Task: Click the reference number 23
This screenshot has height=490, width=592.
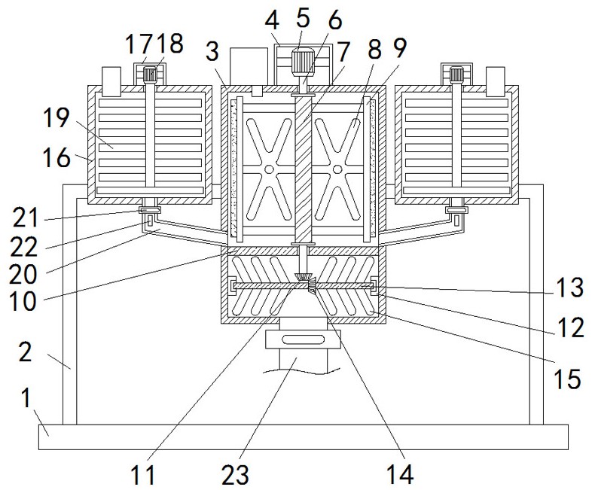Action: coord(235,474)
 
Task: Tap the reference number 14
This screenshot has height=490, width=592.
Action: coord(400,473)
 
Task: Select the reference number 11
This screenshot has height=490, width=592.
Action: coord(143,474)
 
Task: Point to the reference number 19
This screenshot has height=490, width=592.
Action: coord(56,117)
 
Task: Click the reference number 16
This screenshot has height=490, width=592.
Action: coord(56,157)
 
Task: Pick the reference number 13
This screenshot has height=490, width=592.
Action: coord(569,288)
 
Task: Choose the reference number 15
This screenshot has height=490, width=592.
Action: coord(567,379)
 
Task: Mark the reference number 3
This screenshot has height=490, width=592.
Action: coord(212,51)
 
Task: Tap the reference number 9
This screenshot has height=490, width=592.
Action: coord(399,48)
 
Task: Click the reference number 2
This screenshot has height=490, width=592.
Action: coord(25,352)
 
